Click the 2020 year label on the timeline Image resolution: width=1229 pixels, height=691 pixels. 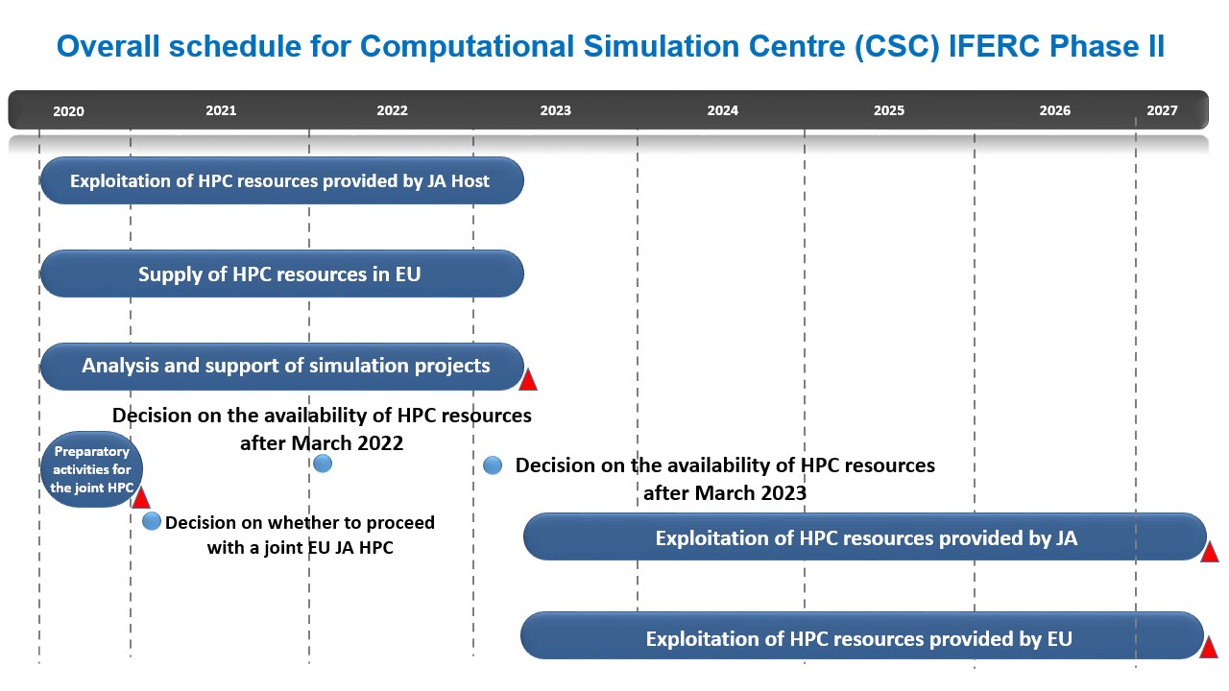tap(68, 111)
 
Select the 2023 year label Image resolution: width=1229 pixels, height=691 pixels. tap(555, 110)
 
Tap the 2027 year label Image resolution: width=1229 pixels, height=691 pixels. tap(1162, 110)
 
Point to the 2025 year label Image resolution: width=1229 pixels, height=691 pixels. tap(889, 110)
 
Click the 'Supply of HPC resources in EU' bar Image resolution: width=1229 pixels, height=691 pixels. tap(282, 274)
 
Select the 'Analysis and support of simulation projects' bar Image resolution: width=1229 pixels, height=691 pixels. tap(282, 367)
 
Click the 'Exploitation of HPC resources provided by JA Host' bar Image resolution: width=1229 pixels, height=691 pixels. tap(282, 180)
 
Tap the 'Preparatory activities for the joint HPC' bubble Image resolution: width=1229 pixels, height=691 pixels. tap(91, 469)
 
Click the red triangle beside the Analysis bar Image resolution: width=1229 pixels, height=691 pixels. tap(528, 380)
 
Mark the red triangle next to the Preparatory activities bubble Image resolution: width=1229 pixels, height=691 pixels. tap(141, 497)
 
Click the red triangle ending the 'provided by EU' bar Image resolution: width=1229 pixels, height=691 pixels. tap(1209, 647)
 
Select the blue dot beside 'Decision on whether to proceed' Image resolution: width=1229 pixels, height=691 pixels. tap(152, 521)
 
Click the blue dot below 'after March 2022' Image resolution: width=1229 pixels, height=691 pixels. tap(323, 464)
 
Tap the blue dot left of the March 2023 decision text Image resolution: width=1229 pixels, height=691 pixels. tap(493, 465)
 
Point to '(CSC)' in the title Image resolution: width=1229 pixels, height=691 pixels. tap(897, 47)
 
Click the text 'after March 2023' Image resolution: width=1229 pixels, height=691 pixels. tap(725, 493)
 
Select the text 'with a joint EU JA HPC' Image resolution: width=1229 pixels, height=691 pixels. tap(301, 547)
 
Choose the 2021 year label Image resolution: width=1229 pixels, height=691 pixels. tap(221, 110)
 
